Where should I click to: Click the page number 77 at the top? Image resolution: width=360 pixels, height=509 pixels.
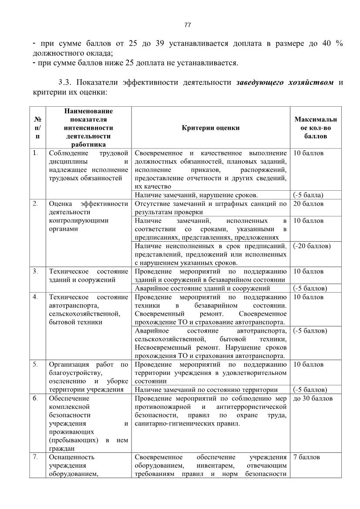click(x=188, y=25)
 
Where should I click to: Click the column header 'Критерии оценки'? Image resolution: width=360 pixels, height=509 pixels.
click(x=211, y=128)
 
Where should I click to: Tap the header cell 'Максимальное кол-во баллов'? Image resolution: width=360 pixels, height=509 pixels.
click(x=316, y=128)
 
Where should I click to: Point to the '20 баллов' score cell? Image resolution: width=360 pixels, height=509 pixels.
click(x=309, y=204)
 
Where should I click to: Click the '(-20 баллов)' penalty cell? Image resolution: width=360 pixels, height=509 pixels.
click(x=312, y=246)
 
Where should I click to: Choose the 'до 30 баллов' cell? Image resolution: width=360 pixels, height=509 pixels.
click(x=313, y=398)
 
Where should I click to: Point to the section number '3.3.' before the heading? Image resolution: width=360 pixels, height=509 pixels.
click(x=67, y=83)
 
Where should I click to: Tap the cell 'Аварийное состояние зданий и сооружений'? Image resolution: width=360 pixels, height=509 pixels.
click(x=202, y=288)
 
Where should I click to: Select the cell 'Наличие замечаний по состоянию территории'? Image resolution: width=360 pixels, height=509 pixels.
click(x=206, y=390)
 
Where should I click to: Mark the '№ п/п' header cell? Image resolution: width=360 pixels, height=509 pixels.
click(x=37, y=128)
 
